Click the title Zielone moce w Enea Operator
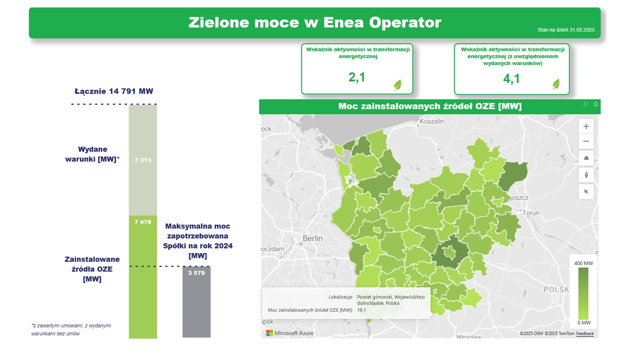click(x=314, y=22)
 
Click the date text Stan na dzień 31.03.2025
click(x=565, y=30)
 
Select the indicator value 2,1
click(x=356, y=77)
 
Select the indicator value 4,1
click(x=511, y=78)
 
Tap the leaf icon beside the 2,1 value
click(x=398, y=84)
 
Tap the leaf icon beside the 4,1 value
click(x=556, y=84)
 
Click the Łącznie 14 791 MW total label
click(x=114, y=91)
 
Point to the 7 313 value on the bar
click(x=142, y=160)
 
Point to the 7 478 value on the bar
click(x=142, y=222)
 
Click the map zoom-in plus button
click(x=586, y=126)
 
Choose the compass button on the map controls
click(x=586, y=175)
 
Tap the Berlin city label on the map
click(x=312, y=238)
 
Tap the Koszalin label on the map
click(x=432, y=121)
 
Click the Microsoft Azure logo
click(x=289, y=333)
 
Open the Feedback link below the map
click(x=585, y=333)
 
